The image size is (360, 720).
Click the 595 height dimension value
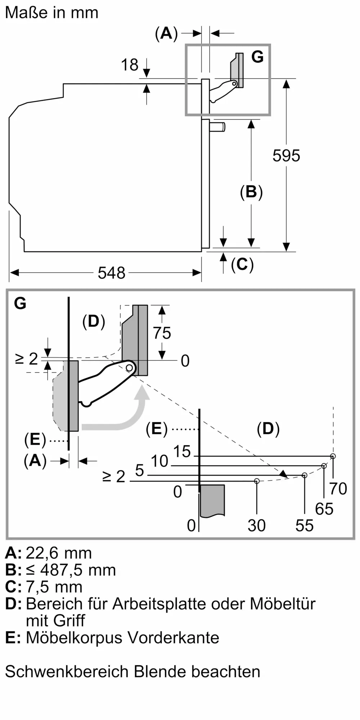click(x=286, y=156)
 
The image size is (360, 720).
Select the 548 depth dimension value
click(x=112, y=273)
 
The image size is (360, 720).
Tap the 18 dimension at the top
click(x=130, y=65)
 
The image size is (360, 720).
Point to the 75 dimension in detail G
click(x=162, y=333)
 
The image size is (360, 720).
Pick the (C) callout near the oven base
click(x=242, y=265)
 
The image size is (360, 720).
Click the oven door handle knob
click(x=217, y=127)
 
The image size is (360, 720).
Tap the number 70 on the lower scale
click(x=338, y=489)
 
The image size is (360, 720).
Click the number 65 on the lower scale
click(x=324, y=509)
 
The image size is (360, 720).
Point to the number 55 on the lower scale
click(x=305, y=526)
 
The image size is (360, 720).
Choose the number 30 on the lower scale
click(x=257, y=526)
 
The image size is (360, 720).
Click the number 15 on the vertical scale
click(x=182, y=451)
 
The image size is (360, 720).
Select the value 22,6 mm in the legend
click(x=59, y=553)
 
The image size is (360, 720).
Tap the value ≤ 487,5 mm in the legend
click(x=71, y=570)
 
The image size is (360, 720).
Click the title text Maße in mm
click(x=52, y=13)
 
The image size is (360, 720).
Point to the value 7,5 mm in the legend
click(x=54, y=587)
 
